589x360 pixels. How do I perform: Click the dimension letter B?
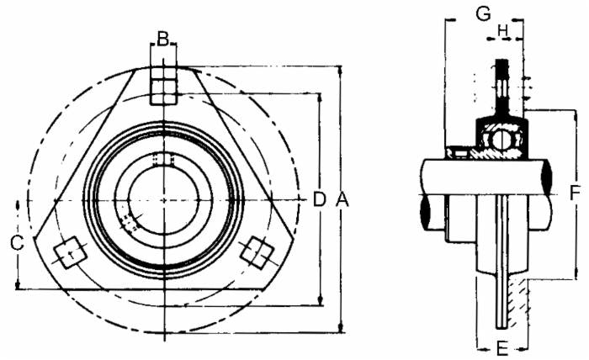(163, 37)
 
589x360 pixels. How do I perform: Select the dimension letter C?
(17, 244)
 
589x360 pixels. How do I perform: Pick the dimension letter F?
(575, 193)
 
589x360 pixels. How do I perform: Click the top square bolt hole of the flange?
(163, 89)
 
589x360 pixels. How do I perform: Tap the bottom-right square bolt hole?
(257, 251)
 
